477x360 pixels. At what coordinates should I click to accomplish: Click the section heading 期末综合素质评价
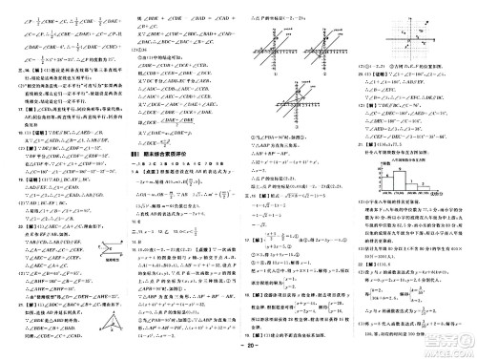click(159, 154)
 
